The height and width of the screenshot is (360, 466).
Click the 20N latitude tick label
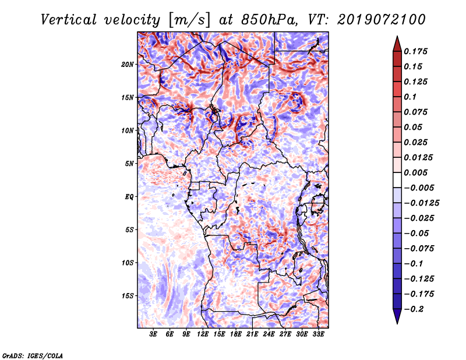(128, 65)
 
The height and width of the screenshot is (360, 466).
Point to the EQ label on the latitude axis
(129, 197)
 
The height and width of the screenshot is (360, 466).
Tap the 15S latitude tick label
(128, 296)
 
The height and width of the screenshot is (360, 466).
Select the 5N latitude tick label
(129, 164)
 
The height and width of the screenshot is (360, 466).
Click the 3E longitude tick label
(153, 334)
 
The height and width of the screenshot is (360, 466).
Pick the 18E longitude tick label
(236, 334)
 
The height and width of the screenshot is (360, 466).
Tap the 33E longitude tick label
(318, 334)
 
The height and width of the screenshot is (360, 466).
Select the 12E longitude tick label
(203, 334)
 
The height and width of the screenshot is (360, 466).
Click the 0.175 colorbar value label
(415, 51)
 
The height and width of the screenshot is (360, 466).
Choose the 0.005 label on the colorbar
(415, 172)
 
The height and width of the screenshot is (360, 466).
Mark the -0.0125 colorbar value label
(421, 203)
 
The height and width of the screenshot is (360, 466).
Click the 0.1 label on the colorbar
(410, 97)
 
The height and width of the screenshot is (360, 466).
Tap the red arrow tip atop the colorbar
(397, 37)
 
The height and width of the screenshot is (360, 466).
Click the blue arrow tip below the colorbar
(397, 323)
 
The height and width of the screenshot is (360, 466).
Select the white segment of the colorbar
(397, 180)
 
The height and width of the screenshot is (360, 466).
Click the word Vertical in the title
(69, 20)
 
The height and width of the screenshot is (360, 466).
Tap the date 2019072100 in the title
(382, 20)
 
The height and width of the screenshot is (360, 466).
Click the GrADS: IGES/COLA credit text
(33, 356)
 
